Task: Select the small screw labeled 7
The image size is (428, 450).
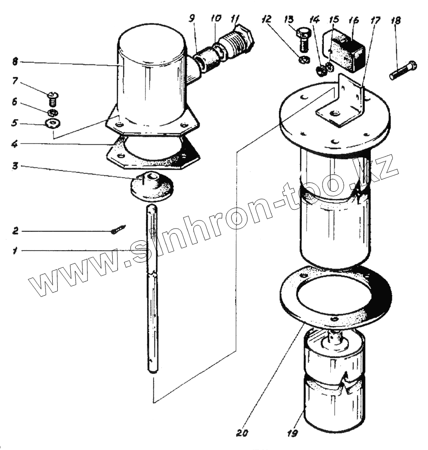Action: [x=52, y=96]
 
